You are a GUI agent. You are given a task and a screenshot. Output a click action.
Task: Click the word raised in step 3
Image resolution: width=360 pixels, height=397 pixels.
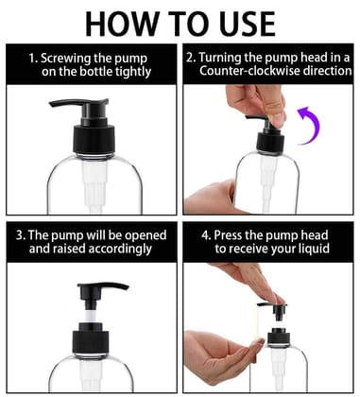(x=77, y=250)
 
